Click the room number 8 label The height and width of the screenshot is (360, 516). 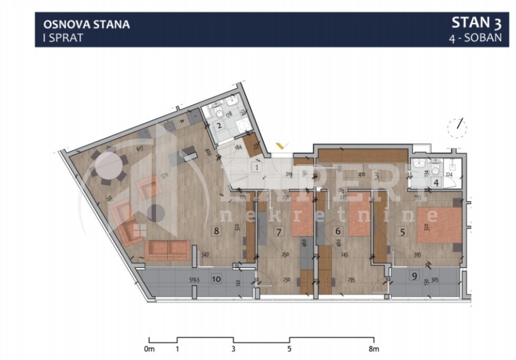pos(215,230)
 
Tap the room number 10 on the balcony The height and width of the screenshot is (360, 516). pos(216,279)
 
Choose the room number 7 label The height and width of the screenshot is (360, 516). pos(279,231)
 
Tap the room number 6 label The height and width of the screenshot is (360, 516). pos(338,231)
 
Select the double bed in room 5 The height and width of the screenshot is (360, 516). pos(439,226)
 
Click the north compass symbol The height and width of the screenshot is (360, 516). pos(457,127)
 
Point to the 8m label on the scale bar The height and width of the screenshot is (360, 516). pos(374,348)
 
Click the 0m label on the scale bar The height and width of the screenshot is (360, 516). pos(149,348)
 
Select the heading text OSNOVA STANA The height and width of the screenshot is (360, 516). pos(87,24)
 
